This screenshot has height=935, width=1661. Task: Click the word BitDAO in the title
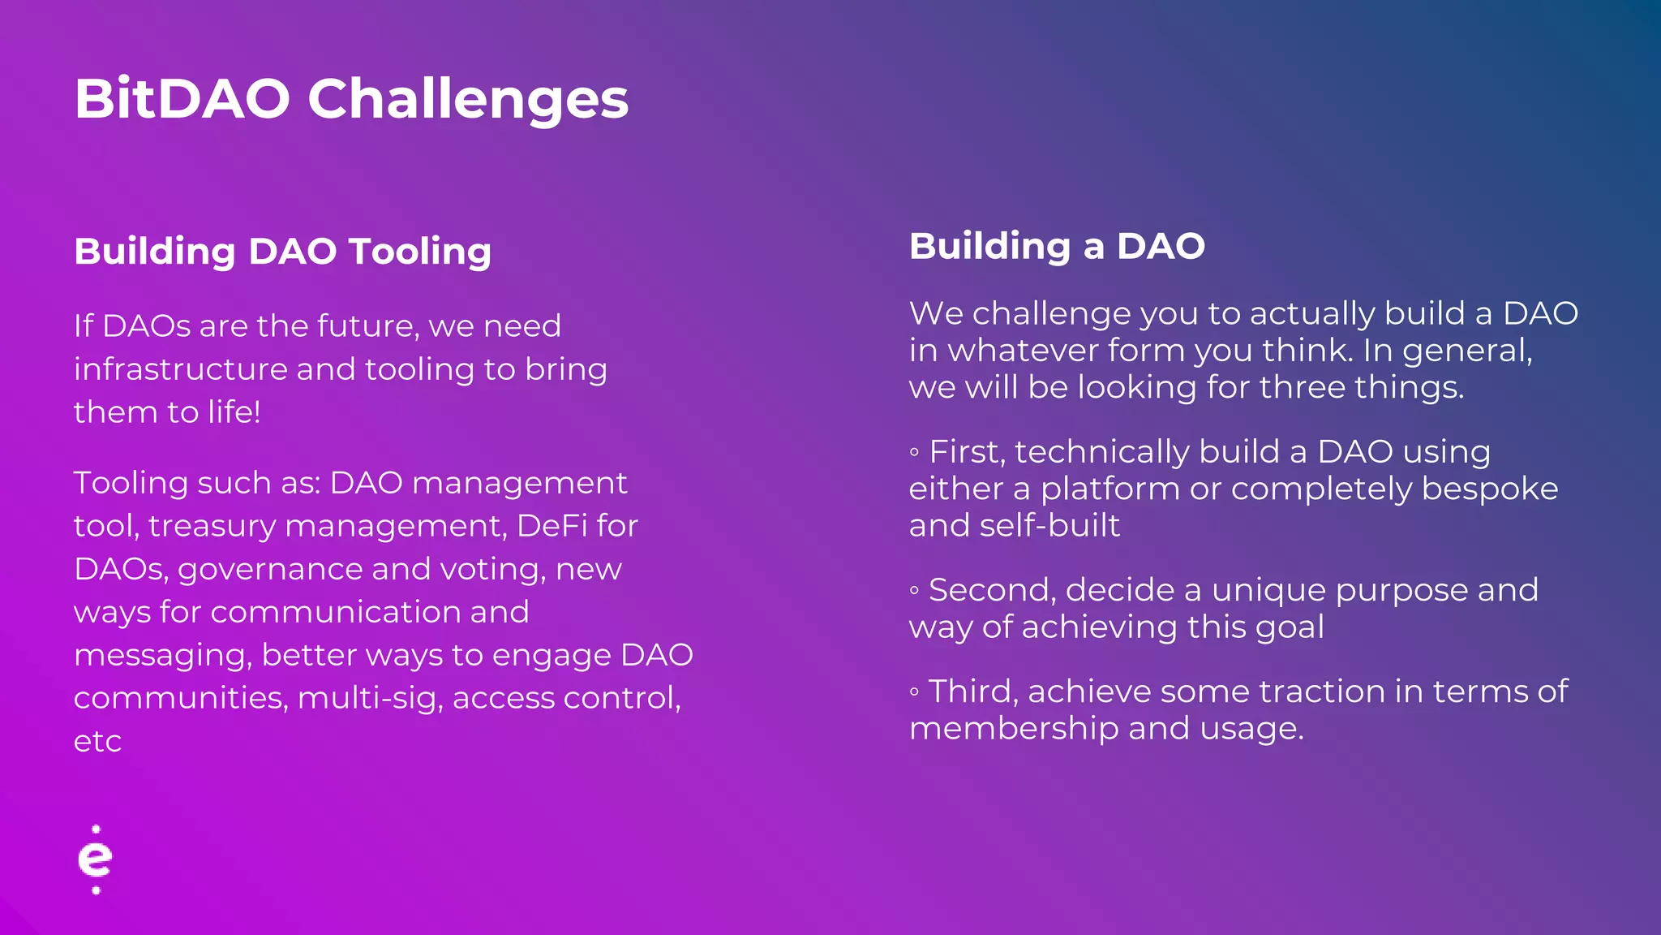coord(182,99)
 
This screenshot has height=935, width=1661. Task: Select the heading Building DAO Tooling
coord(282,252)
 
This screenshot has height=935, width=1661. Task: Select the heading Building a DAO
coord(1057,246)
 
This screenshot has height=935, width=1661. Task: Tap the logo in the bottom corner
coord(96,860)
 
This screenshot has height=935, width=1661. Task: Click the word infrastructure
coord(180,369)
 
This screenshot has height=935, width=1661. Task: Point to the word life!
coord(234,412)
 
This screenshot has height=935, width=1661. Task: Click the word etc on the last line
coord(97,742)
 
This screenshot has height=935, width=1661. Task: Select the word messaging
coord(161,656)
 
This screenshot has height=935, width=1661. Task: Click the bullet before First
coord(914,452)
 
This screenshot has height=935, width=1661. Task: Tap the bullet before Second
coord(914,590)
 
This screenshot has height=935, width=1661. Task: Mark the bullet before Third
coord(914,692)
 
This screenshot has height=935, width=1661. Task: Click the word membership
coord(1013,728)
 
